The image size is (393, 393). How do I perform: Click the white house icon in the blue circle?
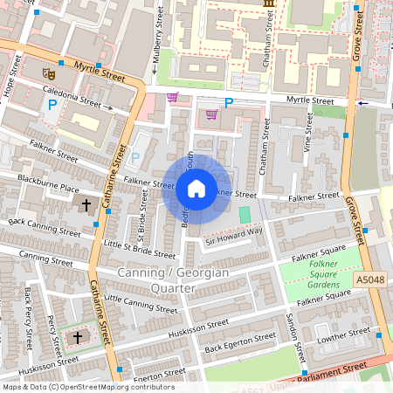(196, 189)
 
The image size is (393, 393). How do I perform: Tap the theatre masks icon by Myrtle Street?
(47, 72)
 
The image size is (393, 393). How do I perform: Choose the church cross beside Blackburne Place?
(86, 206)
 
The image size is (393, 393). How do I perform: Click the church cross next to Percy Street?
(77, 336)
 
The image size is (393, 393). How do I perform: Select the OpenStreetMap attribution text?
(88, 387)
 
